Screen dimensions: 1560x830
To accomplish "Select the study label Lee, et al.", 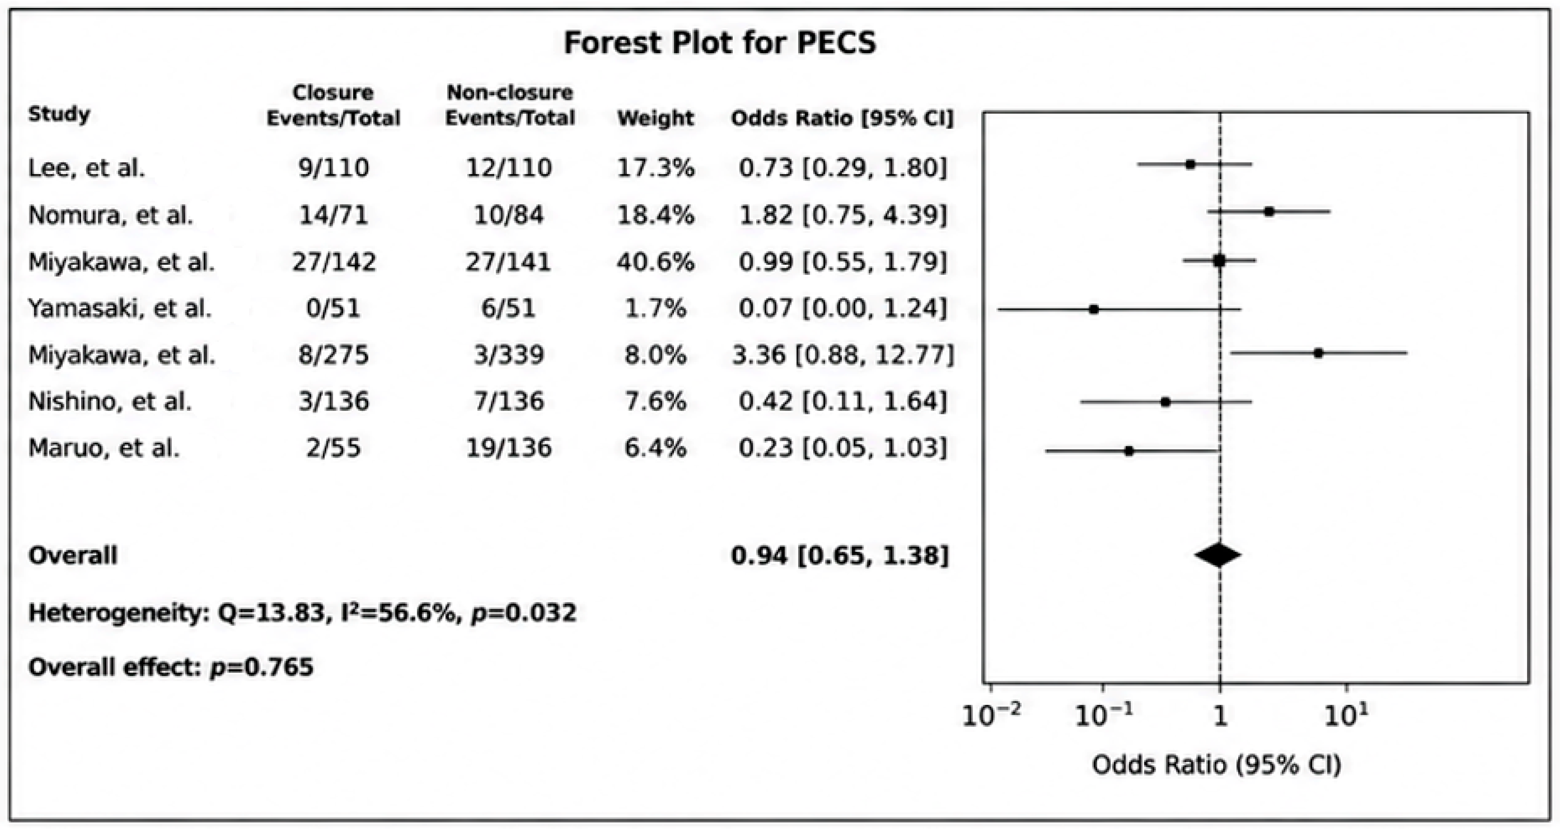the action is tap(87, 168).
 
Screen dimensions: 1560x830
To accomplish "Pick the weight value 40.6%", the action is tap(655, 262).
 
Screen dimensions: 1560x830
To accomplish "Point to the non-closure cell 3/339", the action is tap(509, 355).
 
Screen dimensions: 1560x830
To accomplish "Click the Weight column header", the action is tap(655, 118).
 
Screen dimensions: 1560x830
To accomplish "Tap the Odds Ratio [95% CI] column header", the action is tap(842, 118).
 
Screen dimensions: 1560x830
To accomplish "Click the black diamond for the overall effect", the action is tap(1218, 555).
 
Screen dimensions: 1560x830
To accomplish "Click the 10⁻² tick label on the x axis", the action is tap(991, 716).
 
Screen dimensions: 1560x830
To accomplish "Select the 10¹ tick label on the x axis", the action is tap(1346, 716).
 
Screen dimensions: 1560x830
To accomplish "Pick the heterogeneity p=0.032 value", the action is tap(523, 613).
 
